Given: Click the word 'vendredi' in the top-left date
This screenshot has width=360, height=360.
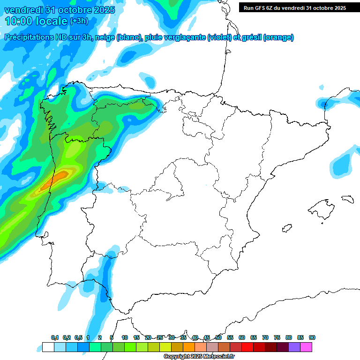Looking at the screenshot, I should [23, 10].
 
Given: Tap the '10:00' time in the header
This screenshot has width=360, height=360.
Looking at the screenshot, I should [19, 21].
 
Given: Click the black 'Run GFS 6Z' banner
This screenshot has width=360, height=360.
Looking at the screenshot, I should [294, 7].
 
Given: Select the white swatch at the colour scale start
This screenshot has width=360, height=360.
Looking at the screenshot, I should [48, 347].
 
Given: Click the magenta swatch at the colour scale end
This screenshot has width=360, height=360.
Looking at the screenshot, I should [306, 347].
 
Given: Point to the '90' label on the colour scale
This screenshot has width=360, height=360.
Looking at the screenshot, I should [312, 337].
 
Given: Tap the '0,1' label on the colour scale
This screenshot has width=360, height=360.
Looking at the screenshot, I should [55, 337].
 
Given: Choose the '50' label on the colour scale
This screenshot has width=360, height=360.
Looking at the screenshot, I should [218, 337].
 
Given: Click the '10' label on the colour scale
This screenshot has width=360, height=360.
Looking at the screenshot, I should [125, 337].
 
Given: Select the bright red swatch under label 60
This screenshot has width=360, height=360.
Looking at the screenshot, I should [247, 347].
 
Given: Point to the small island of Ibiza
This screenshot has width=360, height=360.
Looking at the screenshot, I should [286, 229].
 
